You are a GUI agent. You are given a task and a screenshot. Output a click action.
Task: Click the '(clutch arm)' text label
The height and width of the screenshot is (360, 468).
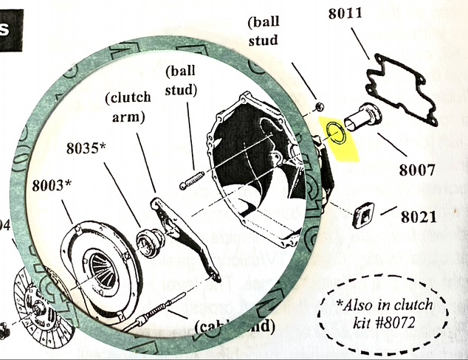tap(129, 107)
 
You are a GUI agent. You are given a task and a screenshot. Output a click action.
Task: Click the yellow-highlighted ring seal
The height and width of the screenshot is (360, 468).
tap(337, 134)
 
